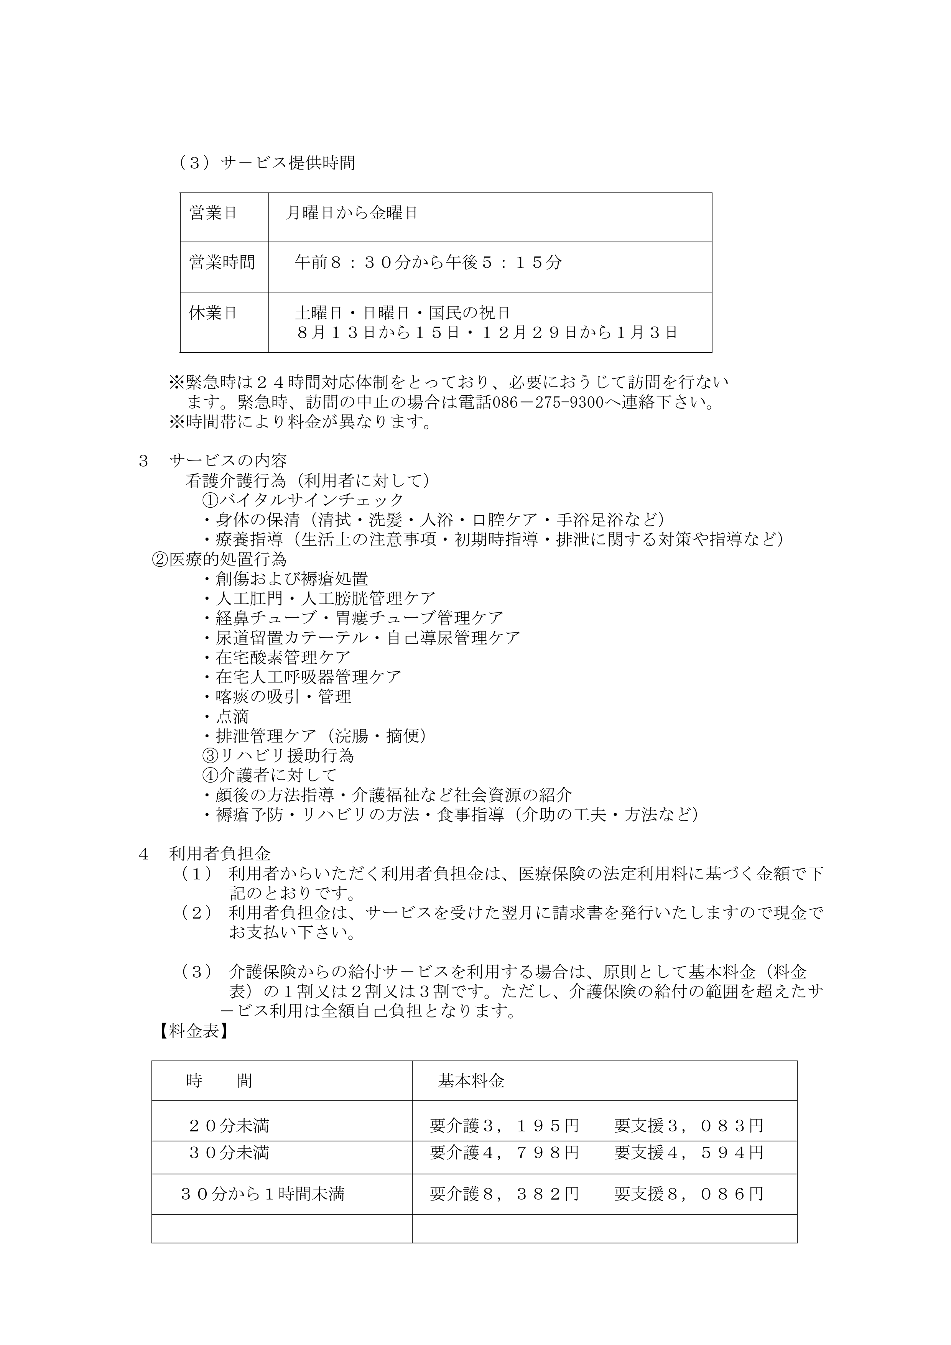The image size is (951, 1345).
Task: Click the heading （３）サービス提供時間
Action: [267, 163]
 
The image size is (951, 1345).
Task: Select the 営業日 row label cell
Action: [213, 213]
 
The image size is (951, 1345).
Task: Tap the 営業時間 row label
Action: [222, 262]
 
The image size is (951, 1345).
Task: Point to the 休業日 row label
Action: [213, 313]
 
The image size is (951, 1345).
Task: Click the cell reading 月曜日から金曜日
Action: [352, 213]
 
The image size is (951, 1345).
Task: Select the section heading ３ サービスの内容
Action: [213, 461]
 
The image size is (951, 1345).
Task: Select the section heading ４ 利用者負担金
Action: [204, 854]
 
